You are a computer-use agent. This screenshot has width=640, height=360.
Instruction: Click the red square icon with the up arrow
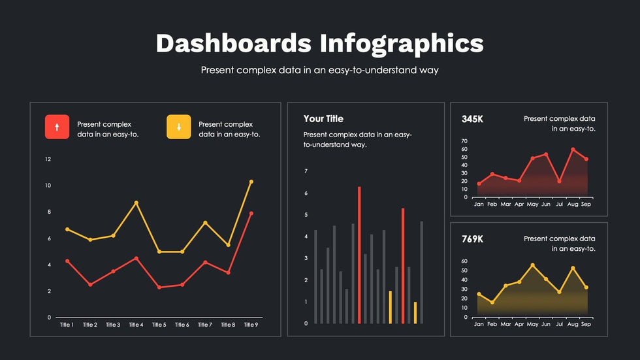tap(57, 127)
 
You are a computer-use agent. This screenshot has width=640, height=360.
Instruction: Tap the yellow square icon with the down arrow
tap(178, 127)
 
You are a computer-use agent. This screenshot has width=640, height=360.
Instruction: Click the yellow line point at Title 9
tap(251, 182)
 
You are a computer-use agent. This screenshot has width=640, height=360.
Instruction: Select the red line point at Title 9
tap(251, 214)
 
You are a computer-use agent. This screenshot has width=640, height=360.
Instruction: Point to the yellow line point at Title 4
tap(136, 203)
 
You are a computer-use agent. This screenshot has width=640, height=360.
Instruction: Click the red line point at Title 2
tap(90, 285)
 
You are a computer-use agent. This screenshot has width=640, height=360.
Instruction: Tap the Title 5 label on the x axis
tap(159, 325)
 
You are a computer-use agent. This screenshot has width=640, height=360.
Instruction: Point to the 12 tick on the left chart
tap(48, 159)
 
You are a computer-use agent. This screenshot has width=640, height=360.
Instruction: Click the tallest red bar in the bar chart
tap(359, 255)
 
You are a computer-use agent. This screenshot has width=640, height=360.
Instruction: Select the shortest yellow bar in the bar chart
tap(415, 312)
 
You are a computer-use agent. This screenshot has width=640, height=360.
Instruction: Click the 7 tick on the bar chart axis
tap(306, 171)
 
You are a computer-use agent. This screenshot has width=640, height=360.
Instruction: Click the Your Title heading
tap(323, 119)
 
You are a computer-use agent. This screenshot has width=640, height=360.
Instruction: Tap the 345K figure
tap(472, 119)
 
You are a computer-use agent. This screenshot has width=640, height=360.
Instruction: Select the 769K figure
tap(472, 239)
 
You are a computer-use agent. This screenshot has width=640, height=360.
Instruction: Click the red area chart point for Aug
tap(573, 150)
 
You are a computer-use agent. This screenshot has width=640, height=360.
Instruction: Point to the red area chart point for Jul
tap(559, 181)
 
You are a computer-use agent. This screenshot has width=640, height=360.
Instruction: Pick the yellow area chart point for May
tap(532, 265)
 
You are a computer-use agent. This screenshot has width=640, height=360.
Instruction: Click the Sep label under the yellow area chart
tap(586, 325)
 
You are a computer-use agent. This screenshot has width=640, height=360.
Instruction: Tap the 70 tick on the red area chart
tap(464, 141)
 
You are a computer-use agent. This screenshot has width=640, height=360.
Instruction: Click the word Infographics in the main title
tap(402, 43)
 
